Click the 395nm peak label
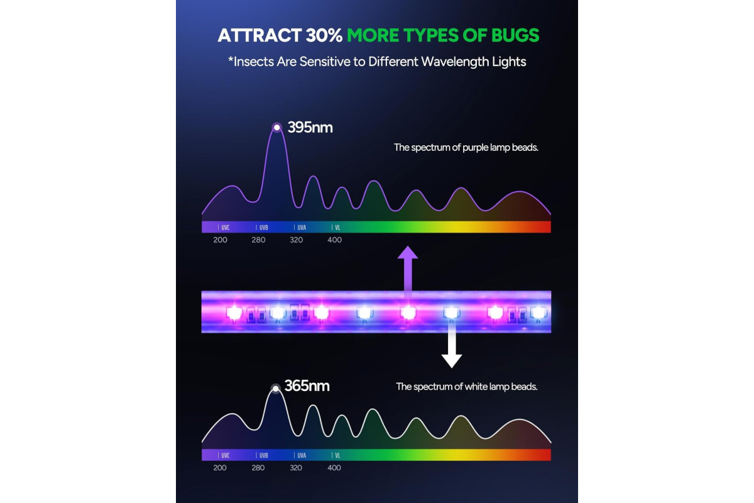(x=310, y=128)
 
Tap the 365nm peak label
(x=307, y=386)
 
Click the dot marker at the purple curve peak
(x=276, y=128)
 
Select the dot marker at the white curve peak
(x=276, y=389)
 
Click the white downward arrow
(x=452, y=345)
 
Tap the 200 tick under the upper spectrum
(x=220, y=240)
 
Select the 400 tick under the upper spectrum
(x=334, y=240)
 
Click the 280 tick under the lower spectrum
(x=258, y=468)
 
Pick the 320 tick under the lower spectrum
(x=296, y=468)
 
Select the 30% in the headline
(x=324, y=35)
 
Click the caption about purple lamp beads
(x=466, y=148)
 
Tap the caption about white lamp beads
(x=466, y=387)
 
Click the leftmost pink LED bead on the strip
(x=234, y=313)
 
